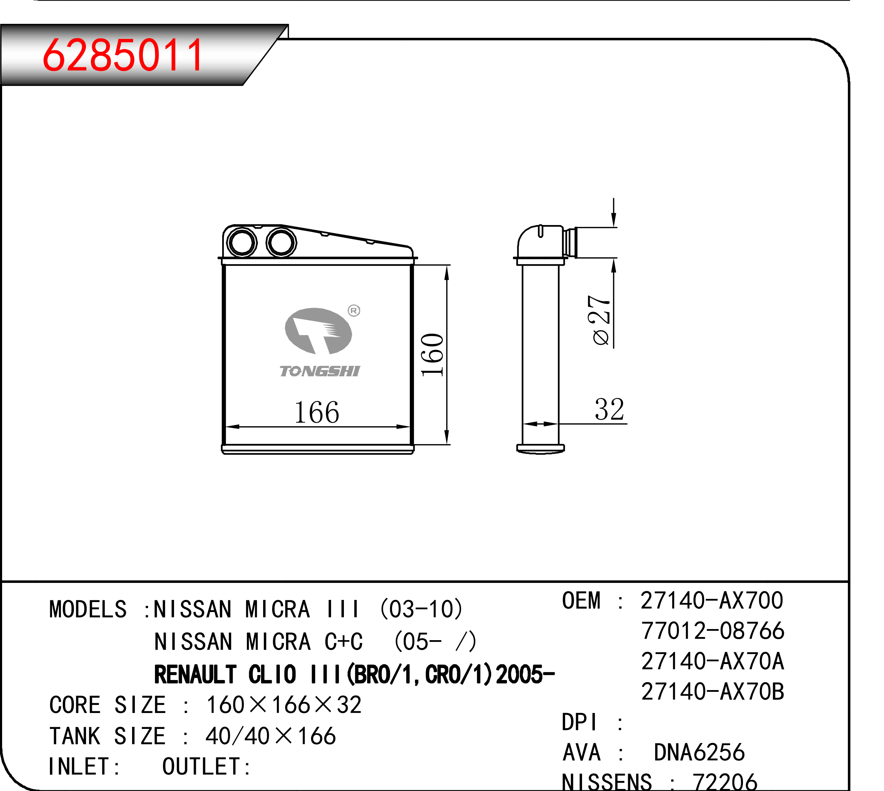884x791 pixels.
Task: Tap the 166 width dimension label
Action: [x=316, y=412]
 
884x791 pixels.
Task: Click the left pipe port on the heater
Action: [x=242, y=242]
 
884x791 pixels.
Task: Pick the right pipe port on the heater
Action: [x=281, y=242]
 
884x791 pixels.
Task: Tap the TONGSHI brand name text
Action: [x=320, y=371]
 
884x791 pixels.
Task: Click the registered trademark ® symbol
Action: [x=354, y=310]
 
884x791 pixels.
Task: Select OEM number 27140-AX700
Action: [x=712, y=600]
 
